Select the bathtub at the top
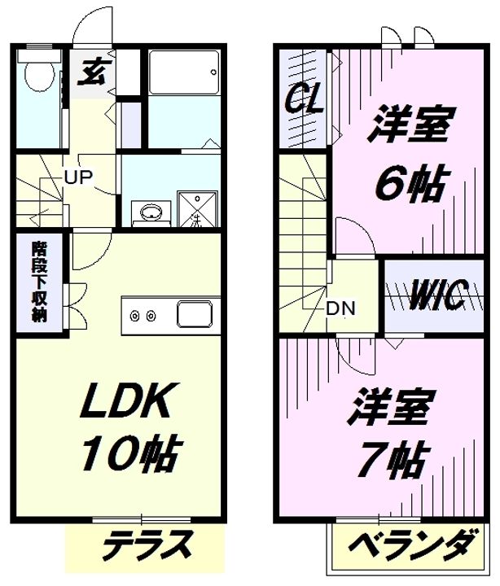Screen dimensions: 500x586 pos(183,72)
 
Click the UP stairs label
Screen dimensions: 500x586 pos(78,177)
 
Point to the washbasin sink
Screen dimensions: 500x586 pos(151,212)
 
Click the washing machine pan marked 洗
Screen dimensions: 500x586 pos(197,209)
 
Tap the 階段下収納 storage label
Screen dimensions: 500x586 pos(40,282)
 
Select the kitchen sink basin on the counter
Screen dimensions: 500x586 pos(195,313)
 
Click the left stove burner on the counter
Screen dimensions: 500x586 pos(134,316)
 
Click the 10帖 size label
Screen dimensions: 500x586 pos(132,453)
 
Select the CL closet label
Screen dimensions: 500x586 pos(304,99)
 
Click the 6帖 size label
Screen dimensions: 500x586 pos(410,184)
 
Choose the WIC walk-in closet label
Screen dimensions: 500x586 pos(438,295)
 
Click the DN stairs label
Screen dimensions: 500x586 pos(340,308)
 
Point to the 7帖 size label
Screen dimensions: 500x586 pos(392,460)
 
